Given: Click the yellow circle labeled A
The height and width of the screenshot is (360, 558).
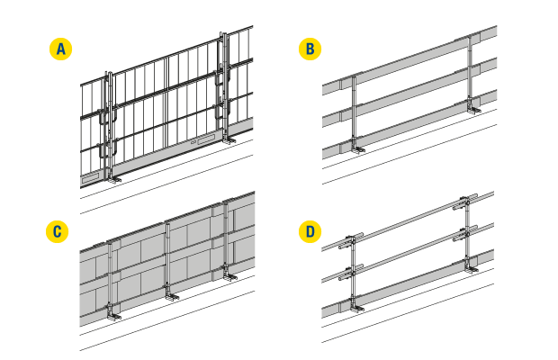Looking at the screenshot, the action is click(x=60, y=49).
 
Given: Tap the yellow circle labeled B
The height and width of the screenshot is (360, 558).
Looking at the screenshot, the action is click(x=310, y=49).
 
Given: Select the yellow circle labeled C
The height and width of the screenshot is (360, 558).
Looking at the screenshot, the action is click(x=58, y=231).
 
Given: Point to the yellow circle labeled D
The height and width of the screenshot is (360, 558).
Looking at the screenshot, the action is click(x=310, y=231).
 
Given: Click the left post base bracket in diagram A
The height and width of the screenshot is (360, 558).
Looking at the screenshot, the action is click(x=113, y=178).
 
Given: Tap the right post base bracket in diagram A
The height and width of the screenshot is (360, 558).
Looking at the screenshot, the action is click(x=228, y=139).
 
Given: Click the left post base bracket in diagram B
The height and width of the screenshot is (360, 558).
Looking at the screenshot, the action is click(x=357, y=148).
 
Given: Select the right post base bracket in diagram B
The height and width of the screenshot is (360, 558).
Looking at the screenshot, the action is click(x=473, y=109).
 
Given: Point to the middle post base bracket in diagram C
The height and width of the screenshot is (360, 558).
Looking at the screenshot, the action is click(x=171, y=295).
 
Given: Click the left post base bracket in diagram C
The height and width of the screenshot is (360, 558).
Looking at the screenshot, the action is click(x=114, y=315).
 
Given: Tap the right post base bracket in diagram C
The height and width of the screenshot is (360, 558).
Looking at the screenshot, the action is click(x=229, y=275).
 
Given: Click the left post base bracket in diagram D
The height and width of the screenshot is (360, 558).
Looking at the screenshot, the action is click(x=357, y=307).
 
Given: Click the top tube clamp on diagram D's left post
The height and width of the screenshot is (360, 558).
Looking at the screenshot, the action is click(x=350, y=240).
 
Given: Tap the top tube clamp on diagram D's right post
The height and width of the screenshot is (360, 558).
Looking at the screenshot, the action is click(x=464, y=202).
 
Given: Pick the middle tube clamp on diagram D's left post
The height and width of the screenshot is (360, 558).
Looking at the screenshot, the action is click(x=350, y=273).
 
